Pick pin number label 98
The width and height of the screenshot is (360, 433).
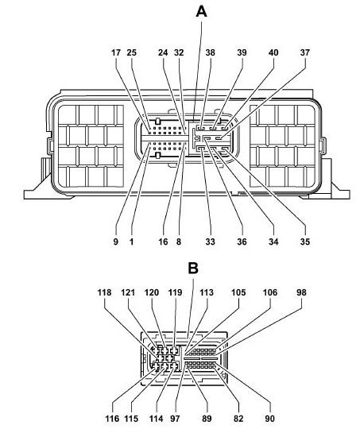(301, 292)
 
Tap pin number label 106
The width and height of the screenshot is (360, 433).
(270, 292)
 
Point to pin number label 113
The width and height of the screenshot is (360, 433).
(207, 292)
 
